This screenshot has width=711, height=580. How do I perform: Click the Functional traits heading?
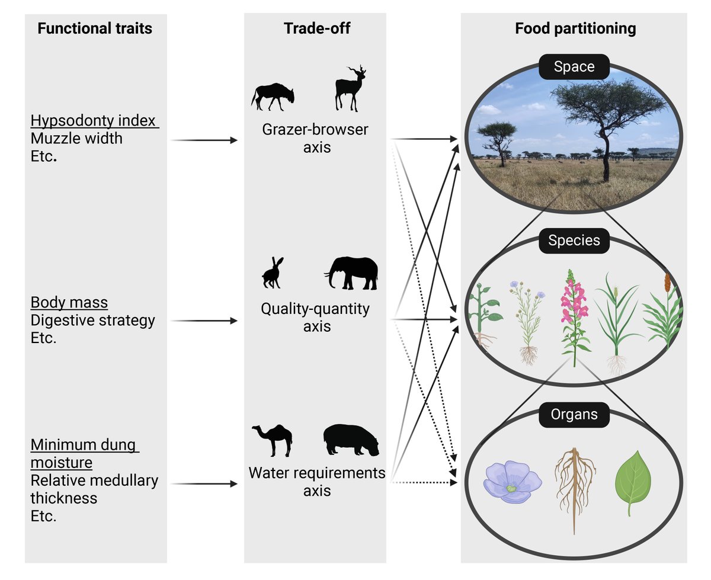[x=95, y=28]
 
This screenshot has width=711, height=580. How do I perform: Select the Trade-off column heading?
[x=316, y=28]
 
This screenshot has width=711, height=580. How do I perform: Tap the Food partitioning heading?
[x=575, y=28]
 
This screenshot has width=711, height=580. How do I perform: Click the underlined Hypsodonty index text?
[x=92, y=121]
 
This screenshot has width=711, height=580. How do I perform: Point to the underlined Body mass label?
[x=69, y=303]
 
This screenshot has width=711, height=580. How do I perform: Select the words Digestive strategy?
[x=92, y=321]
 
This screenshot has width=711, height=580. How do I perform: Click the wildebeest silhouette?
[x=273, y=95]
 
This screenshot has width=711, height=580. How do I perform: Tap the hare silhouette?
[x=273, y=273]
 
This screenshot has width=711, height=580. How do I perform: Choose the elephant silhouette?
[x=352, y=273]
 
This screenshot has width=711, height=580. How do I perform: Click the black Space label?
[x=574, y=67]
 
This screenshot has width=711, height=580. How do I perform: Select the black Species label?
[x=574, y=241]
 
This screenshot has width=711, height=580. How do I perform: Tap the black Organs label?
[x=574, y=415]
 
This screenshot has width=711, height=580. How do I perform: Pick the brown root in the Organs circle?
[x=574, y=486]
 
